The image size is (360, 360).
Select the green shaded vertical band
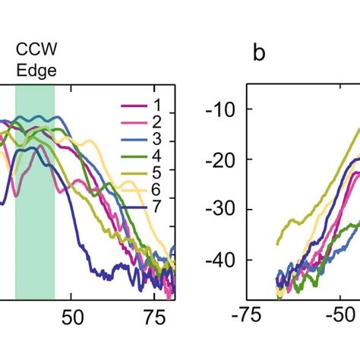(x=35, y=228)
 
